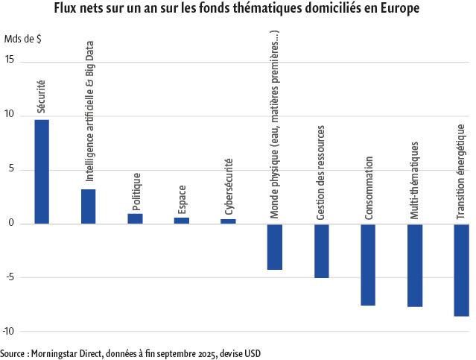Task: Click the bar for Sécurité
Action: click(x=42, y=171)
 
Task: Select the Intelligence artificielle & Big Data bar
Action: click(x=88, y=206)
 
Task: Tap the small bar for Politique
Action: click(x=135, y=218)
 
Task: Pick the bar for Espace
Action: click(x=182, y=221)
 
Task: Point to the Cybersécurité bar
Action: click(x=228, y=221)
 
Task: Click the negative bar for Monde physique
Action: click(x=275, y=247)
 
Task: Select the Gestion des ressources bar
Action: click(x=321, y=250)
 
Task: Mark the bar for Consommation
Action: click(x=368, y=265)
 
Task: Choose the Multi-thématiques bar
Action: click(x=415, y=265)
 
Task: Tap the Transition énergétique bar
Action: click(x=461, y=270)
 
